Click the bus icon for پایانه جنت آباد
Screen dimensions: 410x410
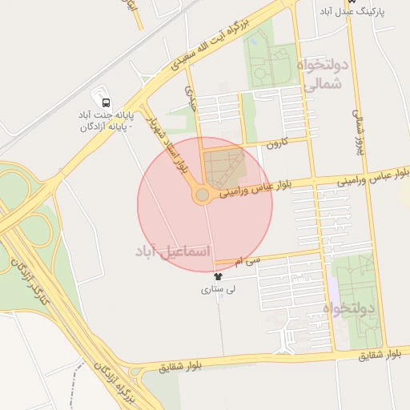(105, 102)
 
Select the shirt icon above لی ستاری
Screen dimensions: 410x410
(219, 276)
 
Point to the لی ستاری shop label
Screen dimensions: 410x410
(219, 290)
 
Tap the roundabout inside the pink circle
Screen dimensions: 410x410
(203, 195)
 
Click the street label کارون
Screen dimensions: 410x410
(276, 144)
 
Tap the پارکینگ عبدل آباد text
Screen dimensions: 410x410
(358, 11)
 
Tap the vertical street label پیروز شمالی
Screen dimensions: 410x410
(360, 120)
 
